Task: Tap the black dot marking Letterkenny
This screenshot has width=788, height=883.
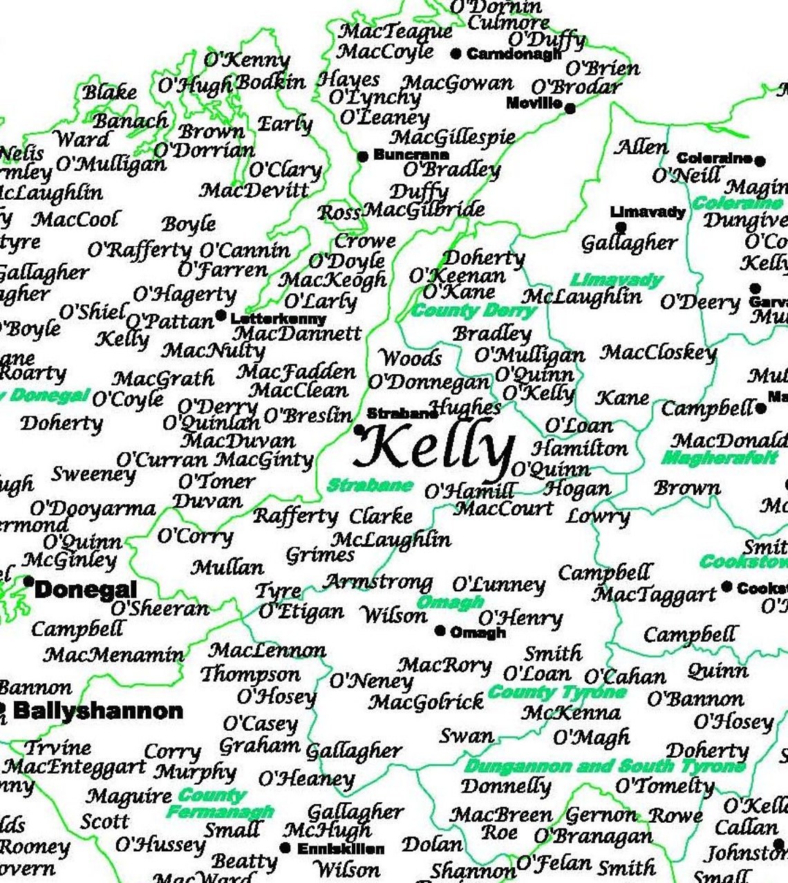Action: click(221, 316)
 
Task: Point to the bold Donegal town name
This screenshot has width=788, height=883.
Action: click(86, 590)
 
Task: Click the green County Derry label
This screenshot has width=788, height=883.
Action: click(474, 310)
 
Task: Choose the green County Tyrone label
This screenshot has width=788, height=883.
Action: click(556, 692)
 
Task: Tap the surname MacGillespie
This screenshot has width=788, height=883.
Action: click(453, 137)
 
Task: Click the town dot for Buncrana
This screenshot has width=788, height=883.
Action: click(362, 157)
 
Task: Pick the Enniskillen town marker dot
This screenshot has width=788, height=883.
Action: click(285, 848)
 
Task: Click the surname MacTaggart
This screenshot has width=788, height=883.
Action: click(654, 595)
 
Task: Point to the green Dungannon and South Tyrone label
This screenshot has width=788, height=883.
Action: click(605, 766)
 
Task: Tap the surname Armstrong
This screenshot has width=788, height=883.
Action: click(378, 582)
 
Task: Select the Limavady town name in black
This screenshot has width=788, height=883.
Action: click(648, 212)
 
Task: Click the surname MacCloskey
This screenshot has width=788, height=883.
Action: click(658, 353)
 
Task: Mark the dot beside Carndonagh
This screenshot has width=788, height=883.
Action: click(456, 53)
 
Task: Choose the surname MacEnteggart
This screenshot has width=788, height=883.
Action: click(74, 766)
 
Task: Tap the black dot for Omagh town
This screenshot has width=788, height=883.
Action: click(440, 631)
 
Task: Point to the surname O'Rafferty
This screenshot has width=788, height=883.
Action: click(139, 250)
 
